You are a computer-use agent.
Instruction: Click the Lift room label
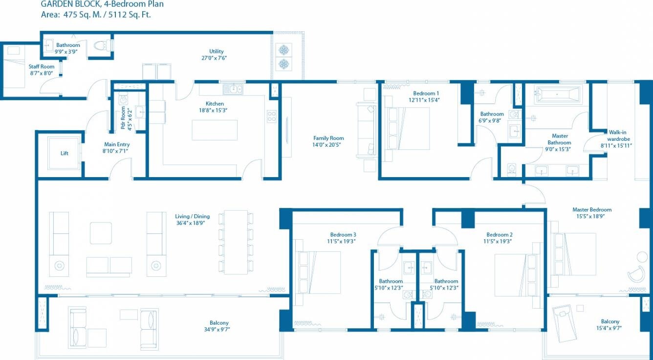[65, 153]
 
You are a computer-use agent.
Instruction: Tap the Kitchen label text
[215, 104]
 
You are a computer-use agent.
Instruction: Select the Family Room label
[328, 138]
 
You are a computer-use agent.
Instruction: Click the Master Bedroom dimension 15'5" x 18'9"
[592, 216]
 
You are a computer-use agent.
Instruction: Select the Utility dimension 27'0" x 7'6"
[216, 58]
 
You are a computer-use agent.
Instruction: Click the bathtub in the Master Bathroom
[557, 94]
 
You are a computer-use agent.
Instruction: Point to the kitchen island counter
[215, 130]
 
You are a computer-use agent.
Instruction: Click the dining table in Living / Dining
[236, 242]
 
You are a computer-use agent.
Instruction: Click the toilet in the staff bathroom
[101, 45]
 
